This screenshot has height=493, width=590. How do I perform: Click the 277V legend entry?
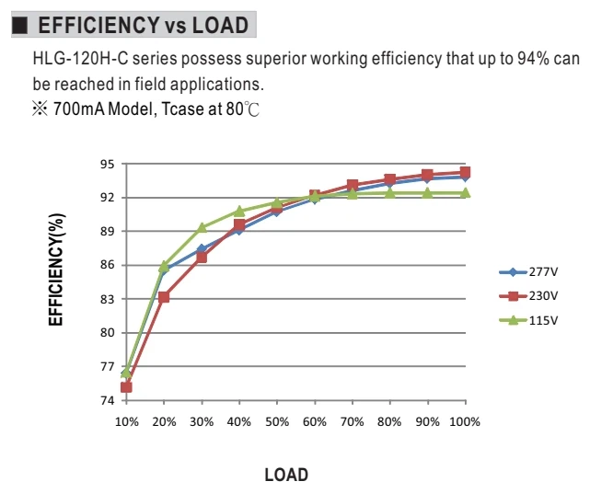[x=528, y=272]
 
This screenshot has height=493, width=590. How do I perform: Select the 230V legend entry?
[x=528, y=296]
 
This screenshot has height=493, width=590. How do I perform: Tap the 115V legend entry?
[x=528, y=321]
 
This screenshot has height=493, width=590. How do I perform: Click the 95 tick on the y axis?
[x=107, y=165]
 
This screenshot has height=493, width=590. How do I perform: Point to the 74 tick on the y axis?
[x=107, y=401]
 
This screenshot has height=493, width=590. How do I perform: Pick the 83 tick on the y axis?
[x=107, y=299]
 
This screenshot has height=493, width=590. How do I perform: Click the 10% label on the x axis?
[x=126, y=422]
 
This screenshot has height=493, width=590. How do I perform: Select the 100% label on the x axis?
[x=465, y=422]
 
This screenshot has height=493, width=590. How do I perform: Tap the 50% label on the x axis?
[x=277, y=422]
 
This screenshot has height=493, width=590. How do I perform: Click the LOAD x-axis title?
[x=286, y=475]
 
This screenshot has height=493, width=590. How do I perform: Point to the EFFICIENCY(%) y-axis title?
[x=56, y=269]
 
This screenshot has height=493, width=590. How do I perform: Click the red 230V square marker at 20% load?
[x=164, y=297]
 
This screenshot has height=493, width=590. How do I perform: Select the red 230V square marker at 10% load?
[x=126, y=387]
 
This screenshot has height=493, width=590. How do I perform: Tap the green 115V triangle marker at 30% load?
[x=202, y=227]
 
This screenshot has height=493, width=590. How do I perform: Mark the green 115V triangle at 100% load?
[x=465, y=193]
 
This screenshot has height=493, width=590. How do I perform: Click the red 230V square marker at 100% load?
[x=465, y=173]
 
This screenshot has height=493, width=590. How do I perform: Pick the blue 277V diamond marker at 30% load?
[x=202, y=248]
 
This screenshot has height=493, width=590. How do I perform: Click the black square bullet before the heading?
[x=19, y=25]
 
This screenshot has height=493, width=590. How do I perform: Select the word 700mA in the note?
[x=78, y=109]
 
